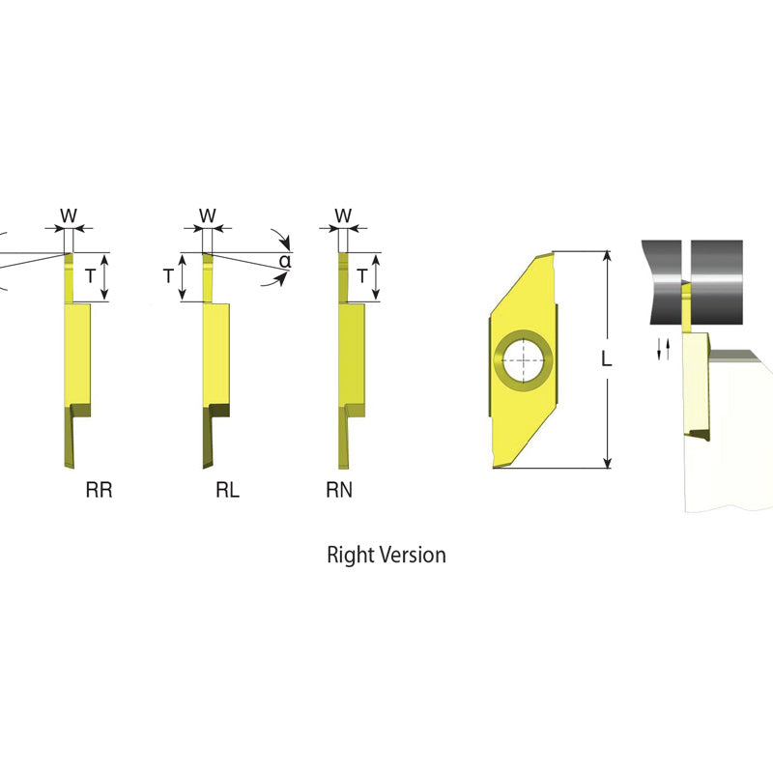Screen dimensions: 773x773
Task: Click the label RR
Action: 100,491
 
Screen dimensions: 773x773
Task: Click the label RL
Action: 227,491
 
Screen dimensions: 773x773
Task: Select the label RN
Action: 339,491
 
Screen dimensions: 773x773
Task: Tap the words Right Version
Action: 386,555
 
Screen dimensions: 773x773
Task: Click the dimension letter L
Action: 606,359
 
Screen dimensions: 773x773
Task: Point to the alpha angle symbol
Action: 285,261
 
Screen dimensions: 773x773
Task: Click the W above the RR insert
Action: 68,215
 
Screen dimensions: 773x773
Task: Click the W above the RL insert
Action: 208,215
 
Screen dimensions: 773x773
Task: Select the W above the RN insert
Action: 343,215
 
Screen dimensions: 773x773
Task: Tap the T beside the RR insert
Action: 90,276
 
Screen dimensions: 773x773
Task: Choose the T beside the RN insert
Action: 362,276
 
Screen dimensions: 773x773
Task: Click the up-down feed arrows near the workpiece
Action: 663,349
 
